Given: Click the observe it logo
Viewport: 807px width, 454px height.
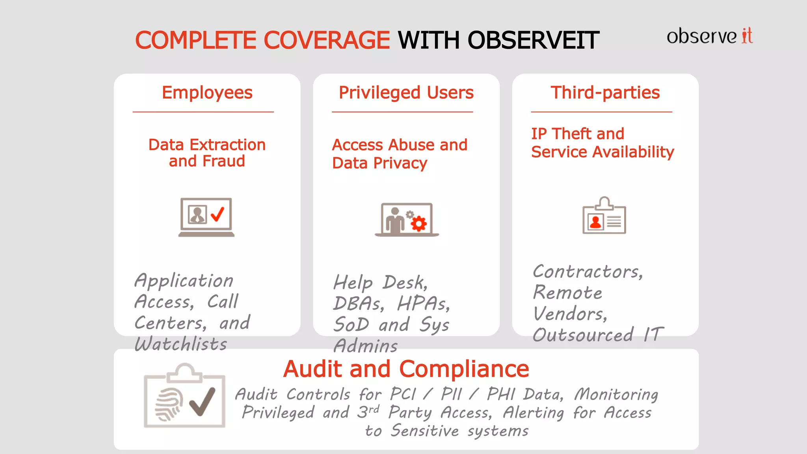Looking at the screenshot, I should click(709, 36).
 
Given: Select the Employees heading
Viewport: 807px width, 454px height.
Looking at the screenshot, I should click(207, 93).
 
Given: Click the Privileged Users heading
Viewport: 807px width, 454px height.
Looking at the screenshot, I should click(406, 93).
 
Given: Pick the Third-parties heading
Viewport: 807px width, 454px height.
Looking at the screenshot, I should click(605, 93).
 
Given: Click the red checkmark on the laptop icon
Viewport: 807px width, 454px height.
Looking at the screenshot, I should click(218, 214).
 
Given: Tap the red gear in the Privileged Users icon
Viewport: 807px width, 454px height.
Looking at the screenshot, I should click(418, 224).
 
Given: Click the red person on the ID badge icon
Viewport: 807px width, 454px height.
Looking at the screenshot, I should click(595, 222).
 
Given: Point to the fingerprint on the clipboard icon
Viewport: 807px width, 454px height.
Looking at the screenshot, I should click(169, 404).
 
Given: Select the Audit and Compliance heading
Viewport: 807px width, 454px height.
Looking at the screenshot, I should click(406, 369).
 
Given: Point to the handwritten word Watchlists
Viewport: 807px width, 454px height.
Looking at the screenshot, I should click(181, 344).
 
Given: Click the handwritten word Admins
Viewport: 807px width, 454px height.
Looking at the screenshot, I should click(366, 346).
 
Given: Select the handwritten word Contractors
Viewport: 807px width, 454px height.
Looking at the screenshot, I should click(587, 272).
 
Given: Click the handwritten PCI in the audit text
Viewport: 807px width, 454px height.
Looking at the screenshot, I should click(403, 394).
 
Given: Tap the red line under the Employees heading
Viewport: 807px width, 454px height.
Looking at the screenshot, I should click(203, 112).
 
